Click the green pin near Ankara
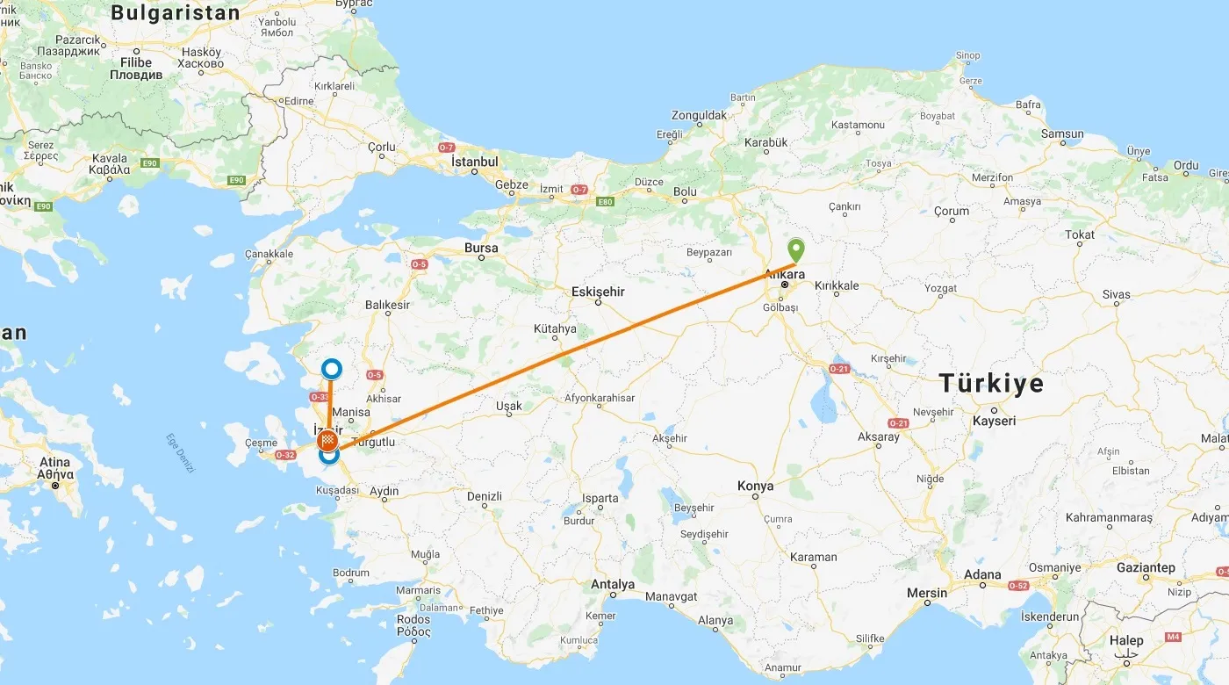795,250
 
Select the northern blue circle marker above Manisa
331,369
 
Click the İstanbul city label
474,162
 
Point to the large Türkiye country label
991,383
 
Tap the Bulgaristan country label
176,12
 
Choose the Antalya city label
613,584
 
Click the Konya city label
755,486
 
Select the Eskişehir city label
598,291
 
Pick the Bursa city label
481,249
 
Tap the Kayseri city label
994,421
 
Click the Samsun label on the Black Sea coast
1062,134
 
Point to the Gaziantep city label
1146,567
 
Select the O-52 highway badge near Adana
1018,586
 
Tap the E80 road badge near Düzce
604,201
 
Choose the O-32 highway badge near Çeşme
285,455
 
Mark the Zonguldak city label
699,115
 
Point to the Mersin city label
927,593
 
